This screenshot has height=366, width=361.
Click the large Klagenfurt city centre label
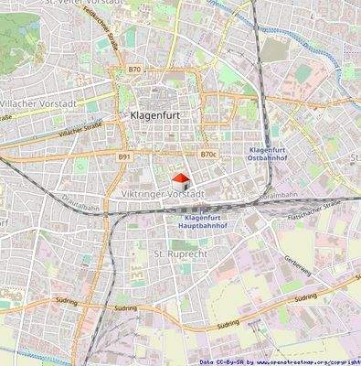153,116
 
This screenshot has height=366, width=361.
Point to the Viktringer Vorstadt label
161,195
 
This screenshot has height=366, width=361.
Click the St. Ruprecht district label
176,251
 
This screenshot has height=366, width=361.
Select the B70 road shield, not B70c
134,70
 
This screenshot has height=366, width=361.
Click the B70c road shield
208,155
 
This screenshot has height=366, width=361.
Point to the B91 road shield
124,157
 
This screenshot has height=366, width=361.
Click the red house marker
181,179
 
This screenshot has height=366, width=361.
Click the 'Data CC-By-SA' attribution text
221,361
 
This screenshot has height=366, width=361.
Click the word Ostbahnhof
272,159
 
